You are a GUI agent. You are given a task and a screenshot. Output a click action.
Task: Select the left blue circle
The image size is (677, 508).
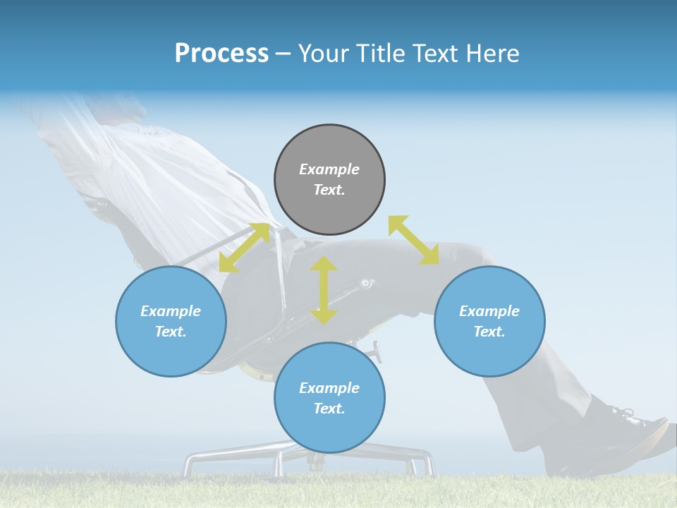(x=171, y=321)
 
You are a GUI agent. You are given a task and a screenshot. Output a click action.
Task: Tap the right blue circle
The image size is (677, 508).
(x=489, y=321)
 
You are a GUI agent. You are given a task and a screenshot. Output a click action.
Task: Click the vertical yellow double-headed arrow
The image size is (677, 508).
(x=324, y=290)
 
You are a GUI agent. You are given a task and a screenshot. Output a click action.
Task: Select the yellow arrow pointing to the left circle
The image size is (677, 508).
(x=244, y=248)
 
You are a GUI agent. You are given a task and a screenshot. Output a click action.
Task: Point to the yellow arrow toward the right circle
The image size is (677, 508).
(x=414, y=240)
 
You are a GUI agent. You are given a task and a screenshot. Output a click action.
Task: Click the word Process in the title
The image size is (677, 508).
(x=221, y=54)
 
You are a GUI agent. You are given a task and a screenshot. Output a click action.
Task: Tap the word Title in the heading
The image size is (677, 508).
(x=380, y=54)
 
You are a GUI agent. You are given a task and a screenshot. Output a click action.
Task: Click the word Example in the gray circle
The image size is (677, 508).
(x=329, y=169)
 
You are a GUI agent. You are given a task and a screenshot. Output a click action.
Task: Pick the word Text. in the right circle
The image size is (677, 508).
(x=489, y=332)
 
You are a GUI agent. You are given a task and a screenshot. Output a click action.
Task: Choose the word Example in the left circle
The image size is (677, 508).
(x=171, y=311)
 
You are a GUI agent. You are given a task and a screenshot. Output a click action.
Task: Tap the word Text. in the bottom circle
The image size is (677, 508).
(x=329, y=409)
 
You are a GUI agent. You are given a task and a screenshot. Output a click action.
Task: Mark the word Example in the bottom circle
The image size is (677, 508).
(x=329, y=388)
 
